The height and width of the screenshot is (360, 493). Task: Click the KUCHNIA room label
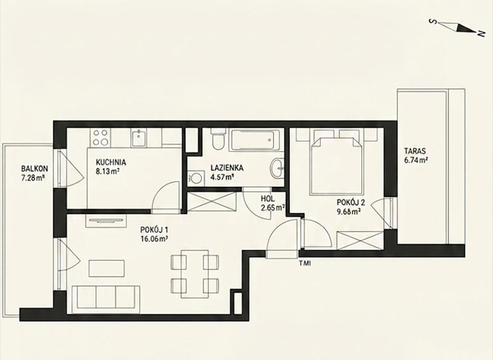click(x=111, y=162)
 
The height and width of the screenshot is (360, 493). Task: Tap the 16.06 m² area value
click(x=154, y=239)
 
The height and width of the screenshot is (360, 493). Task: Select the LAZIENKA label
click(x=227, y=168)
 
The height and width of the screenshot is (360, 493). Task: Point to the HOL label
click(x=267, y=198)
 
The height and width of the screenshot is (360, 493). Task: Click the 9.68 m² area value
click(x=348, y=212)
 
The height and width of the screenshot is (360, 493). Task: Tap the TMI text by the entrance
click(x=305, y=263)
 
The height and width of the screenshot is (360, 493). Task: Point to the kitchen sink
click(x=138, y=138)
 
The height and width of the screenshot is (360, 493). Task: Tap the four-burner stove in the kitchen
click(x=100, y=137)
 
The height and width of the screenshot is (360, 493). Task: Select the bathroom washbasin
click(x=277, y=168)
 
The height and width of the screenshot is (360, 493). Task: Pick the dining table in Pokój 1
click(x=195, y=274)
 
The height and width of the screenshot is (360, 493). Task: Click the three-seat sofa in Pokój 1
click(x=106, y=300)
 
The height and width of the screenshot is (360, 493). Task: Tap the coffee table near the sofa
click(x=107, y=268)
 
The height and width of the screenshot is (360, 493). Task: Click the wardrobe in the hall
click(x=212, y=201)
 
